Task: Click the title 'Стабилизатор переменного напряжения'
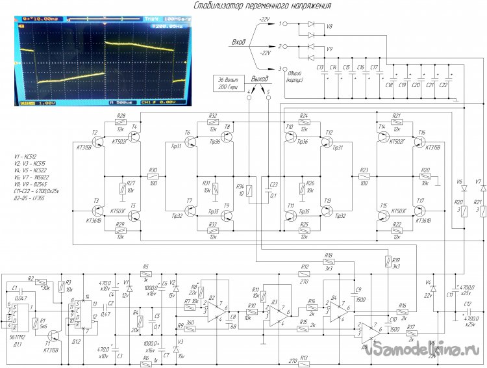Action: click(264, 6)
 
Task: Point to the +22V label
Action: click(264, 20)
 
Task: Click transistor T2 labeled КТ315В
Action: click(97, 140)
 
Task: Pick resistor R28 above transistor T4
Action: click(121, 122)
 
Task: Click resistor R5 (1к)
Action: click(145, 273)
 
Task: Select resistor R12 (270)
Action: click(305, 273)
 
